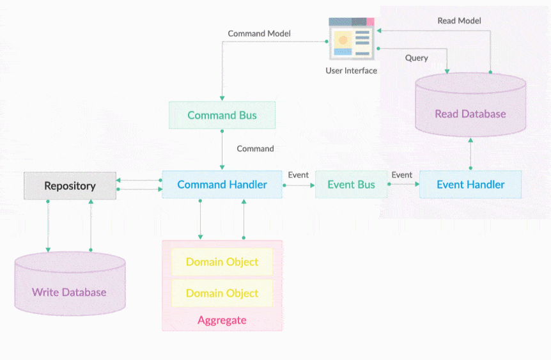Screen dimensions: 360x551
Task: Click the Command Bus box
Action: point(222,115)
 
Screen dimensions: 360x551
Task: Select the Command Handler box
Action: point(222,184)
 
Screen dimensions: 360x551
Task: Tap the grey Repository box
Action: point(70,186)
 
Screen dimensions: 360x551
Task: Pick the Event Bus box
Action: point(351,184)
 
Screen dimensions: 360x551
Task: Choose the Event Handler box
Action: point(470,184)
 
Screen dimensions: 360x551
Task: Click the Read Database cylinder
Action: point(470,109)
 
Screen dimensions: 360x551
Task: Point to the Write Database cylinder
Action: point(69,286)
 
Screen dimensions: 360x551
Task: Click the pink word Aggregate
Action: point(222,320)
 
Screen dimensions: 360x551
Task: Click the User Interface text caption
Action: point(352,70)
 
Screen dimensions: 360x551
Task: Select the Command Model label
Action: point(260,33)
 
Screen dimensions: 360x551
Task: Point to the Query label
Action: point(416,58)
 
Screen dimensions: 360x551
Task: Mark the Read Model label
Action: point(459,20)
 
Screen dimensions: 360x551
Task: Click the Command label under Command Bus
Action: point(255,148)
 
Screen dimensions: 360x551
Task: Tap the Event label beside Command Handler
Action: point(299,175)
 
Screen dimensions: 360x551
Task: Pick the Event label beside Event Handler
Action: point(401,175)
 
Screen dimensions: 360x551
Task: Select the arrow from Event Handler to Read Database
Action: point(470,153)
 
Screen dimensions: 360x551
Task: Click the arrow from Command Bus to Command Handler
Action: point(222,149)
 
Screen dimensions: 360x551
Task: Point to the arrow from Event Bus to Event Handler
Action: point(403,184)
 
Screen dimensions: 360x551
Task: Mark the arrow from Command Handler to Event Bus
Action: point(299,185)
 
